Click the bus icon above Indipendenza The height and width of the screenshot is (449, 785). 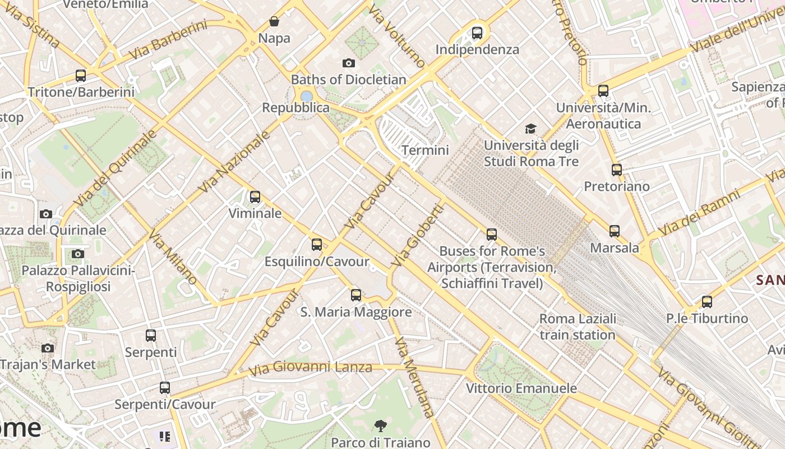point(477,33)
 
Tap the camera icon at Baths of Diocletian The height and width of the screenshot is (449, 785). point(349,63)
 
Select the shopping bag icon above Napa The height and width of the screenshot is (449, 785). point(274,21)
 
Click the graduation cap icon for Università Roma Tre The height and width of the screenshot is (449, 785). point(531,129)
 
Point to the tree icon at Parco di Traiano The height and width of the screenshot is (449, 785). point(381,426)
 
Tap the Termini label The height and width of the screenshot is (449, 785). point(425,150)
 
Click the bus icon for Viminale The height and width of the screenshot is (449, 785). point(255,197)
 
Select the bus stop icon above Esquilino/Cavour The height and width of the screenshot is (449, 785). point(317,245)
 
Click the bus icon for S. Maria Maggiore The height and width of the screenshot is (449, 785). point(356,295)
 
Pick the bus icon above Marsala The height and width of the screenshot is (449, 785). point(615,231)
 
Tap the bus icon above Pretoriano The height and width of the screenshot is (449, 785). point(617,170)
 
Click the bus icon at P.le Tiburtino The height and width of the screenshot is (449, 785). point(707,302)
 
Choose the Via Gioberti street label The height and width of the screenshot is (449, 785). point(418,236)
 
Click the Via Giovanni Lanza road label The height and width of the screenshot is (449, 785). point(311,368)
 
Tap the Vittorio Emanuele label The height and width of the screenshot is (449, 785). point(521,388)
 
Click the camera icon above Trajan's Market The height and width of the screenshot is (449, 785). point(48,348)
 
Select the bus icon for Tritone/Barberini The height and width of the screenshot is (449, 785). point(81,76)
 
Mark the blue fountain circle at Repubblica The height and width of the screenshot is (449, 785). point(306,96)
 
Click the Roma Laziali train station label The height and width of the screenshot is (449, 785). point(578,327)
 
